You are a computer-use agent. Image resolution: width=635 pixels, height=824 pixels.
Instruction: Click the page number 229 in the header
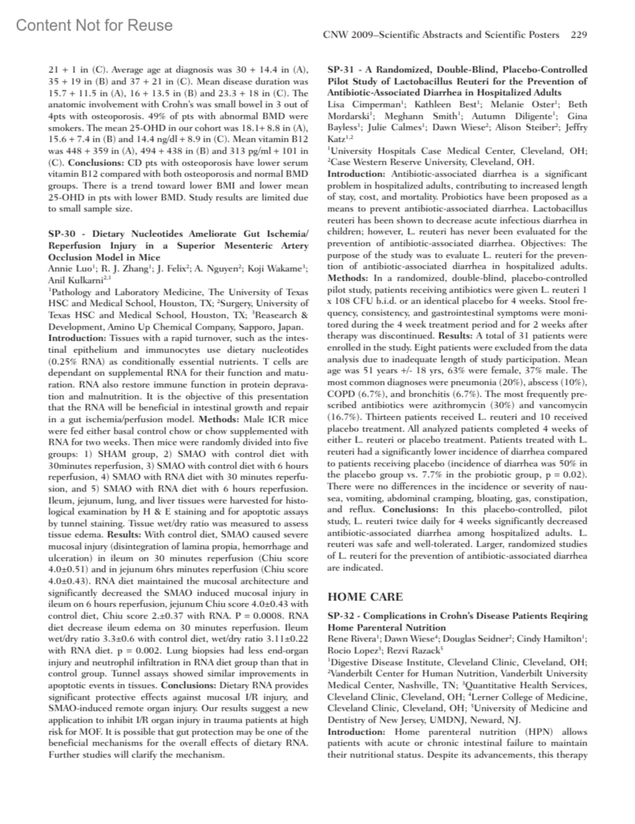tap(578, 35)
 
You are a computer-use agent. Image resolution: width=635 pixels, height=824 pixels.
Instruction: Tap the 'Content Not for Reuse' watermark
tap(94, 25)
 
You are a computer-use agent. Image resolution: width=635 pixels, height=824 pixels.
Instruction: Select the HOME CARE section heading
tap(365, 597)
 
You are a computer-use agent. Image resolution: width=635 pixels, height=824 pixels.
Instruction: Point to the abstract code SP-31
tap(341, 69)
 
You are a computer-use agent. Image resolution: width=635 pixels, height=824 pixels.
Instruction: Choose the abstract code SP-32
tap(341, 616)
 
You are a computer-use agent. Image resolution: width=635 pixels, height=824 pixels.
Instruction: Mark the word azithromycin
tap(479, 405)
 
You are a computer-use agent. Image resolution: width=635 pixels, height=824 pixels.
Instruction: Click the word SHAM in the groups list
tap(112, 454)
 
